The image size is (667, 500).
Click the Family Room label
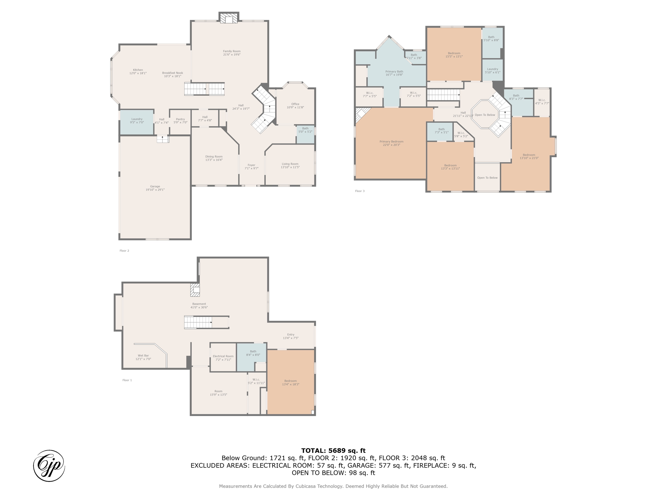pyautogui.click(x=232, y=53)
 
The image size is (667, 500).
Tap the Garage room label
pyautogui.click(x=155, y=188)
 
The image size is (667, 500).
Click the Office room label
pyautogui.click(x=295, y=105)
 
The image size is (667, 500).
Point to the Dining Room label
pyautogui.click(x=214, y=158)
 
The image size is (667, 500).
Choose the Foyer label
pyautogui.click(x=251, y=167)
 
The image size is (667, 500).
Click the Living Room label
pyautogui.click(x=290, y=165)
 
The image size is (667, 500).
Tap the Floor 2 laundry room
pyautogui.click(x=137, y=122)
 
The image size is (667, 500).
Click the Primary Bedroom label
pyautogui.click(x=391, y=143)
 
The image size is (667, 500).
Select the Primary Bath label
pyautogui.click(x=394, y=73)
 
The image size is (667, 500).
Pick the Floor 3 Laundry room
pyautogui.click(x=492, y=70)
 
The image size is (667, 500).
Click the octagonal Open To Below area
pyautogui.click(x=485, y=115)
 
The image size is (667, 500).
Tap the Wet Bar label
pyautogui.click(x=143, y=357)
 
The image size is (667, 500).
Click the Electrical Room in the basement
pyautogui.click(x=223, y=357)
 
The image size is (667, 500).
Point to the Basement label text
pyautogui.click(x=199, y=305)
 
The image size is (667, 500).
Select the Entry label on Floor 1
pyautogui.click(x=291, y=336)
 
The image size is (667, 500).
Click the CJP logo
pyautogui.click(x=49, y=466)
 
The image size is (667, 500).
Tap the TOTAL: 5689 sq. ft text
pyautogui.click(x=333, y=451)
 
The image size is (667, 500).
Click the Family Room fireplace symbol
pyautogui.click(x=229, y=18)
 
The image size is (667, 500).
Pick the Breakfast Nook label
pyautogui.click(x=172, y=75)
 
